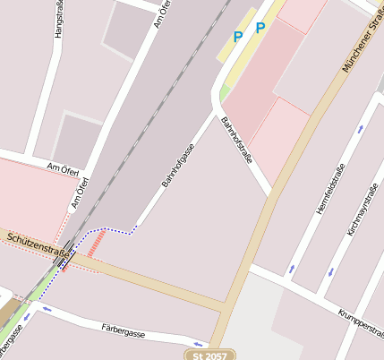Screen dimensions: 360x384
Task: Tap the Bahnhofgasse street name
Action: pyautogui.click(x=177, y=165)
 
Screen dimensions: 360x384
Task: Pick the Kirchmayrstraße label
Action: pyautogui.click(x=363, y=210)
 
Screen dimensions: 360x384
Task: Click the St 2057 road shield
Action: pyautogui.click(x=211, y=355)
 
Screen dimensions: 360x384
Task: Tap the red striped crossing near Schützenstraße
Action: pyautogui.click(x=93, y=242)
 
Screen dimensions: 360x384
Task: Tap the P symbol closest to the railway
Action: pyautogui.click(x=237, y=37)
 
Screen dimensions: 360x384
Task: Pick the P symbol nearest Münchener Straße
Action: pyautogui.click(x=260, y=28)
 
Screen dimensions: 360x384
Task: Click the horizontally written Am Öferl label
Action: pyautogui.click(x=64, y=168)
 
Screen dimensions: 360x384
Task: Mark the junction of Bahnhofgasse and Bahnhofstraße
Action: pyautogui.click(x=218, y=114)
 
